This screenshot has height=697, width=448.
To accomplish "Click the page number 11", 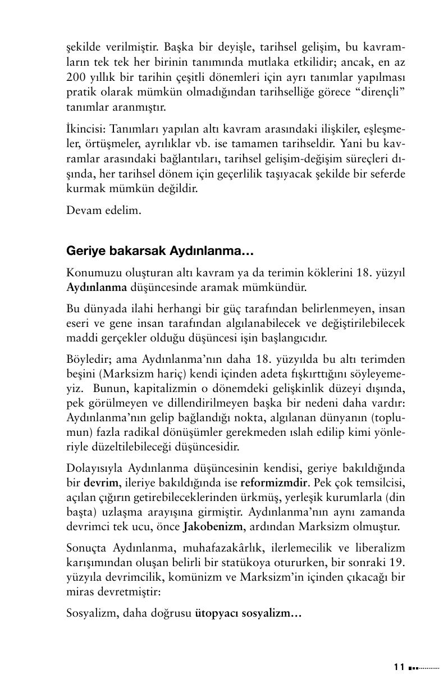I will click(399, 667).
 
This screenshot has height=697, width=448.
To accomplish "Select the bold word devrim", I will click(102, 482).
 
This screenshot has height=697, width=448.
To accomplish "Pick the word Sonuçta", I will click(85, 548).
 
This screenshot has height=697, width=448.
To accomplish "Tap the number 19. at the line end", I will click(397, 562).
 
